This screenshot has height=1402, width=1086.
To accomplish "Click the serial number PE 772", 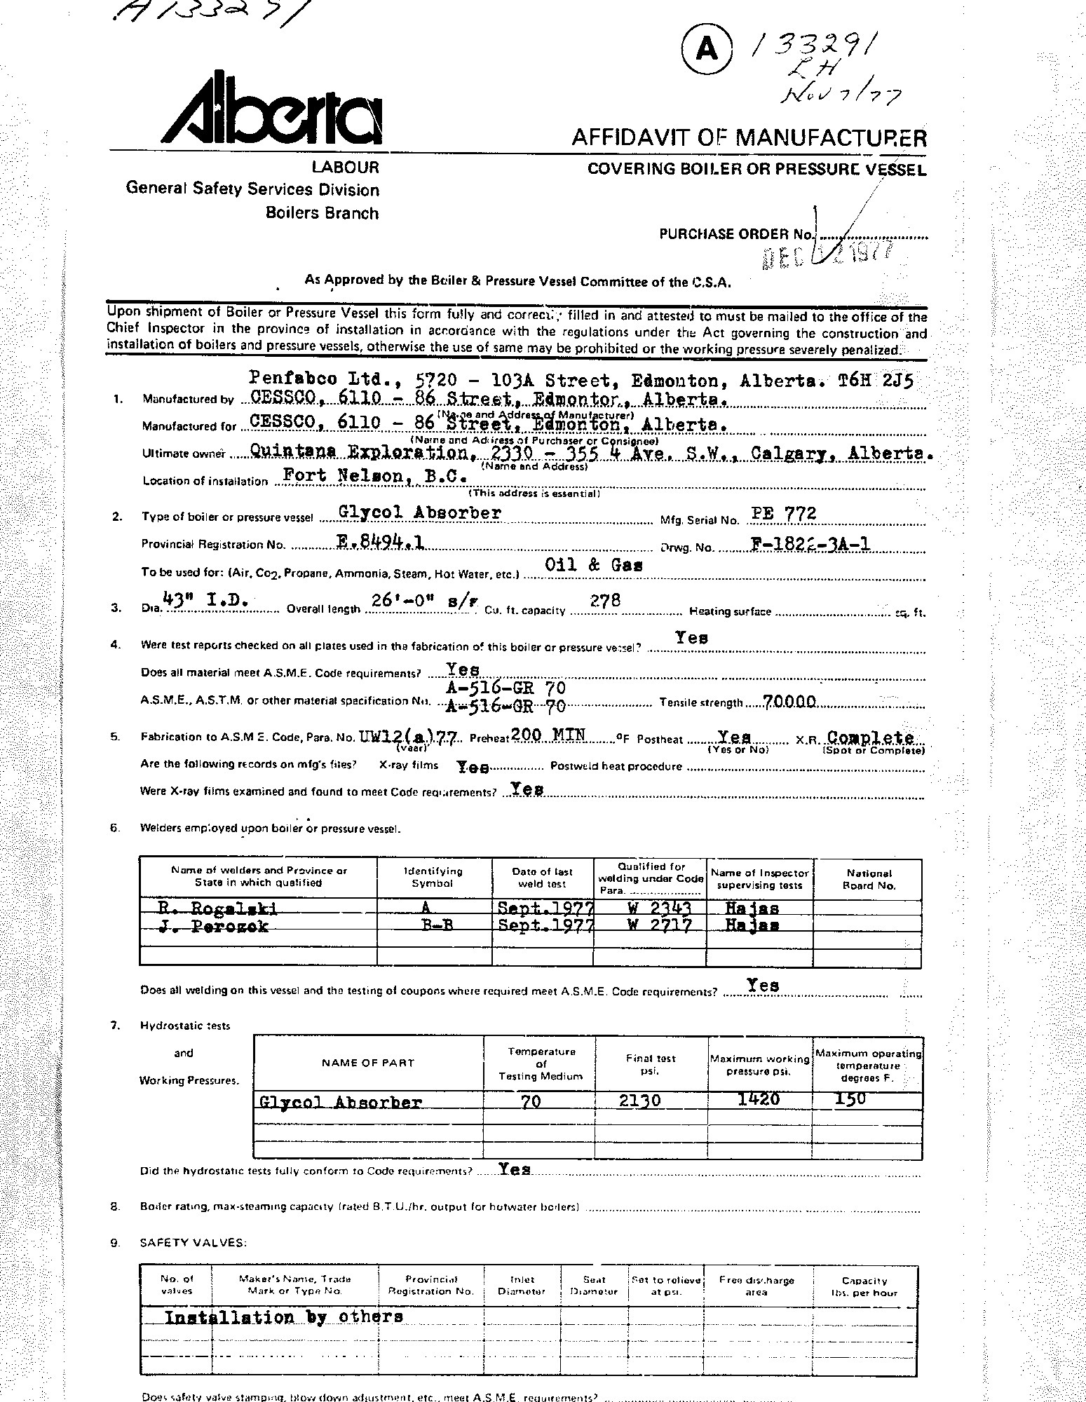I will tap(783, 513).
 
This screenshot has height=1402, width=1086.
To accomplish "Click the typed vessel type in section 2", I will tap(419, 512).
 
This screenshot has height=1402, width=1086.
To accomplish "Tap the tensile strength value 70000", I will tap(785, 701).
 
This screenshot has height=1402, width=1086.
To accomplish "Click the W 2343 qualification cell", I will tap(660, 908).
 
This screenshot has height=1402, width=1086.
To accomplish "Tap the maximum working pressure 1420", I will tap(759, 1098).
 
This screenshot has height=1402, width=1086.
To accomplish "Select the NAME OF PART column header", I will tap(368, 1063).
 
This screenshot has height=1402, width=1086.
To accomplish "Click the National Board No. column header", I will tap(869, 879).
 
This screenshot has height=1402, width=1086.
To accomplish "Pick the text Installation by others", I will tap(283, 1316).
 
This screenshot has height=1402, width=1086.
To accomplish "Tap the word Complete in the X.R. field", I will tap(870, 737).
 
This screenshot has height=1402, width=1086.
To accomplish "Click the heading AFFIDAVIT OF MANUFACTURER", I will tap(749, 137).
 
